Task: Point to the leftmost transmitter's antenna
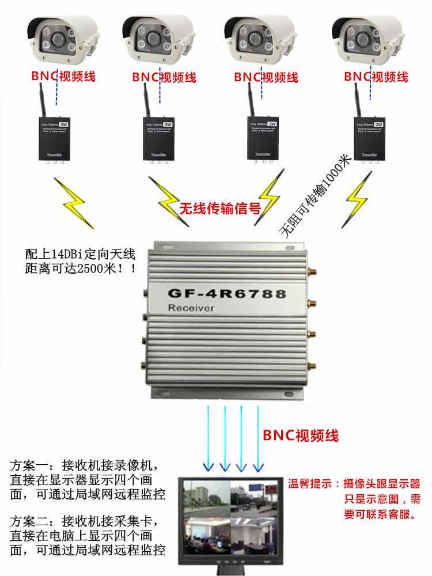tap(40, 98)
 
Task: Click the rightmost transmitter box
tap(369, 138)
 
